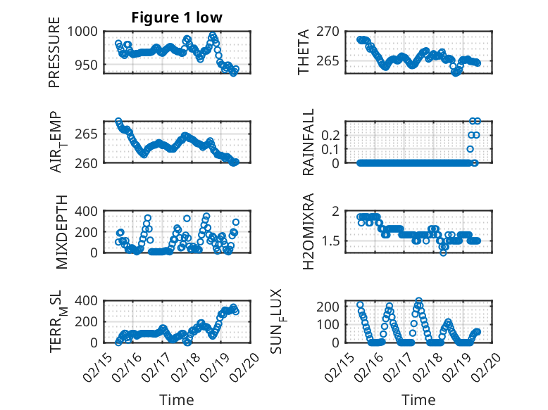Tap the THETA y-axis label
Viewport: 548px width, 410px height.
pos(304,51)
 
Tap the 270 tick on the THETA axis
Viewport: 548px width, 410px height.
pos(333,31)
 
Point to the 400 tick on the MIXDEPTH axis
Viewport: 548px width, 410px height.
pos(88,211)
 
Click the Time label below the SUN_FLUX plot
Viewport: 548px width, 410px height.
pos(418,399)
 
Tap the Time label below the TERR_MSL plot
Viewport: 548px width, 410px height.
pos(177,399)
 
